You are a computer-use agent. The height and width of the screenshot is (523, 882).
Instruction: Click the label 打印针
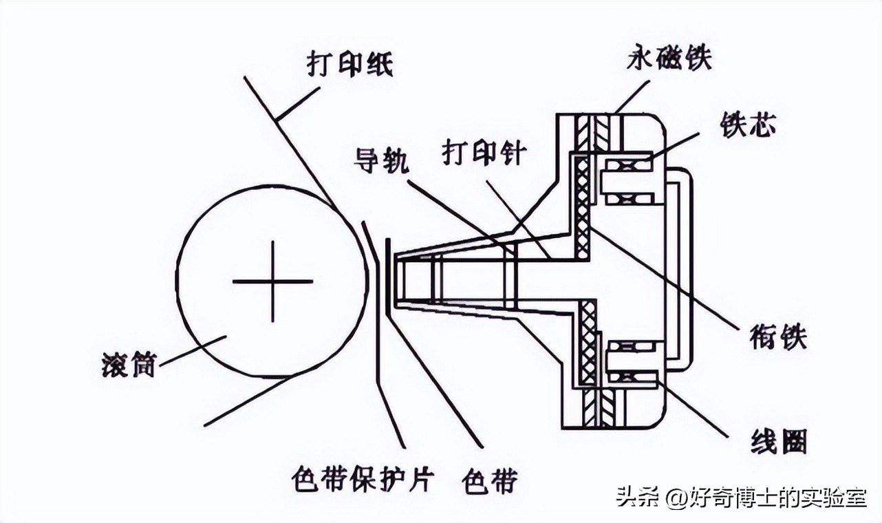(x=484, y=153)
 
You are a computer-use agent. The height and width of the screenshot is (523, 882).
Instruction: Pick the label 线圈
(x=779, y=441)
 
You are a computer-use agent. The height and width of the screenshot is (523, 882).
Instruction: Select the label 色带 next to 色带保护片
(x=490, y=480)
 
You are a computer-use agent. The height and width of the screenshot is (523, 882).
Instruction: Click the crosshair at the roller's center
(x=272, y=281)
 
